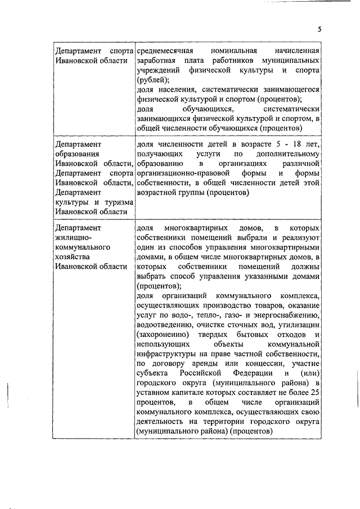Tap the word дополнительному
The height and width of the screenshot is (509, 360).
tap(289, 154)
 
